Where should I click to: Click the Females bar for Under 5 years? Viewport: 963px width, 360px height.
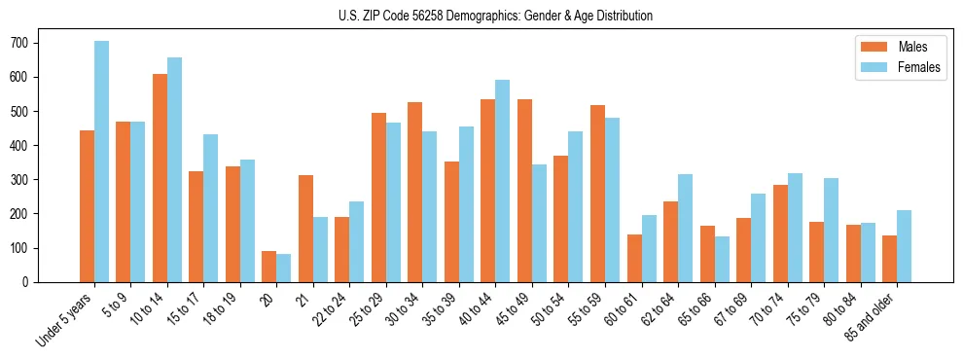[101, 162]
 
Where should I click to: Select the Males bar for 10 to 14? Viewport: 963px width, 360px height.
[160, 178]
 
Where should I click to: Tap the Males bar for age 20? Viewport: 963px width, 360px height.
[269, 267]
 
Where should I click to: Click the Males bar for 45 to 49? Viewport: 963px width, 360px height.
[524, 191]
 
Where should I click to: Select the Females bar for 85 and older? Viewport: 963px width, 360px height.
[904, 246]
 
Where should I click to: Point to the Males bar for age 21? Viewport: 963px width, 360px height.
[305, 229]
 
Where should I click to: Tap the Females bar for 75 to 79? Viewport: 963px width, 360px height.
[831, 230]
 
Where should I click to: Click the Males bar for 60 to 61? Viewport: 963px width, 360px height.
[634, 258]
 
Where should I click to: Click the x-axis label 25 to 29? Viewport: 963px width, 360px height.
[364, 307]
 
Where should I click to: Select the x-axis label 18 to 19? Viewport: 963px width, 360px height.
[218, 307]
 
